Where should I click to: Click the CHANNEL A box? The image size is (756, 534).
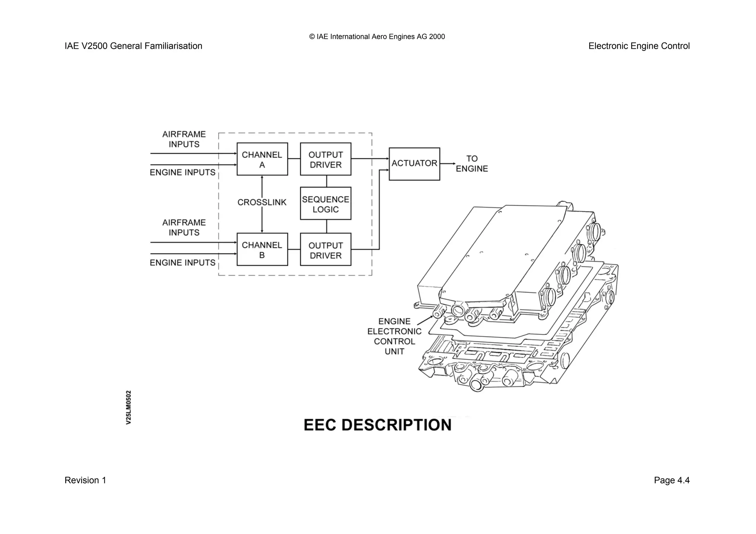pyautogui.click(x=262, y=159)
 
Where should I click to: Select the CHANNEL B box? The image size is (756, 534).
pyautogui.click(x=262, y=249)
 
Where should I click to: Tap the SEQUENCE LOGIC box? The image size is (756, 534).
pyautogui.click(x=326, y=204)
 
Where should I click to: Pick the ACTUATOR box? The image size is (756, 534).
pyautogui.click(x=414, y=164)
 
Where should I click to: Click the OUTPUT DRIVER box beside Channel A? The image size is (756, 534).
pyautogui.click(x=326, y=159)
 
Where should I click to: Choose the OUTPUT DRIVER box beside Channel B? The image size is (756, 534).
pyautogui.click(x=326, y=249)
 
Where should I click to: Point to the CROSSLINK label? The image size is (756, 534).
pyautogui.click(x=262, y=202)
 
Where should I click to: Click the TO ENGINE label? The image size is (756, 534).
pyautogui.click(x=472, y=163)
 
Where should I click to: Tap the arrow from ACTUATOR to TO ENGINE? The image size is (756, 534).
pyautogui.click(x=448, y=163)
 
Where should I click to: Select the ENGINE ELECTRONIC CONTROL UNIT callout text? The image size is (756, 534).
pyautogui.click(x=394, y=336)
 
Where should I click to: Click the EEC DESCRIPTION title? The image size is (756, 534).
pyautogui.click(x=377, y=425)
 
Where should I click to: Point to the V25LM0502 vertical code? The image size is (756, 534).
pyautogui.click(x=128, y=407)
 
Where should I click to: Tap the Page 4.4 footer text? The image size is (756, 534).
pyautogui.click(x=671, y=480)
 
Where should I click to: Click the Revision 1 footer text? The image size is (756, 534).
pyautogui.click(x=85, y=480)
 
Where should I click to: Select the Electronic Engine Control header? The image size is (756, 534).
pyautogui.click(x=639, y=46)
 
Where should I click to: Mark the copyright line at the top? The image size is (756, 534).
pyautogui.click(x=377, y=37)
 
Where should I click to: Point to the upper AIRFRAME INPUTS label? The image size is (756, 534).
pyautogui.click(x=184, y=139)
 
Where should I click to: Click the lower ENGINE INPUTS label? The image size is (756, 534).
pyautogui.click(x=182, y=262)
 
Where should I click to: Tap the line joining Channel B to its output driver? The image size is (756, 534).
pyautogui.click(x=294, y=249)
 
